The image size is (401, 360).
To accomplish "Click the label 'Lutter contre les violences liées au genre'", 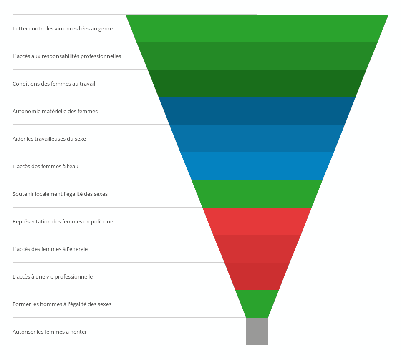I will point(63,29).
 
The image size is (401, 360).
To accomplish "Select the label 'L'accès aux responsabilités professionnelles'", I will point(67,56).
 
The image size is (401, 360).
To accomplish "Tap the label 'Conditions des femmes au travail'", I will point(54,84).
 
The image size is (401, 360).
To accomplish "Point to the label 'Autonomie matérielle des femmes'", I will point(55,112).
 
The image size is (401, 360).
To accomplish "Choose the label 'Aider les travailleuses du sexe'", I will point(49,139).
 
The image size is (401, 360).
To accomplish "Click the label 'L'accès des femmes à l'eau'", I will point(45,167).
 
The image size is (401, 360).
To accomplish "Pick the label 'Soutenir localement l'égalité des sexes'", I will point(60,194).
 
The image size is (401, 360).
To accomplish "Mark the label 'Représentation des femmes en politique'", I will point(63,222).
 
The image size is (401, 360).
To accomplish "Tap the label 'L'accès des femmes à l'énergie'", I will point(50,249).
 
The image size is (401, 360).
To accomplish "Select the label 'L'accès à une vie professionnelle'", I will point(53,277).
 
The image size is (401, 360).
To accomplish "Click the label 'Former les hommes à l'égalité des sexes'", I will point(62,304).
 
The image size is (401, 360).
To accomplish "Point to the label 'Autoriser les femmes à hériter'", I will point(50,332).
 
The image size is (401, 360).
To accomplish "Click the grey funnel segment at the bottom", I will point(257,332).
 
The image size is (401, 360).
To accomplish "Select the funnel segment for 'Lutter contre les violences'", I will point(257,28).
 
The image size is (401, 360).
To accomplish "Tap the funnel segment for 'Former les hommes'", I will point(257,304).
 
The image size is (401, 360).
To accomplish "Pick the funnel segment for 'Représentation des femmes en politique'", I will point(257,221).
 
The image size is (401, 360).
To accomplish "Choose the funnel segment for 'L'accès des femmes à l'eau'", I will point(257,166).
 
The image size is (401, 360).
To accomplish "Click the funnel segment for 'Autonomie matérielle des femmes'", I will point(257,111).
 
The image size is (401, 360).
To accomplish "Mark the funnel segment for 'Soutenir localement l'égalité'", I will point(257,194).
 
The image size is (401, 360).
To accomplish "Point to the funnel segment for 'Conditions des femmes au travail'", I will point(257,84).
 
